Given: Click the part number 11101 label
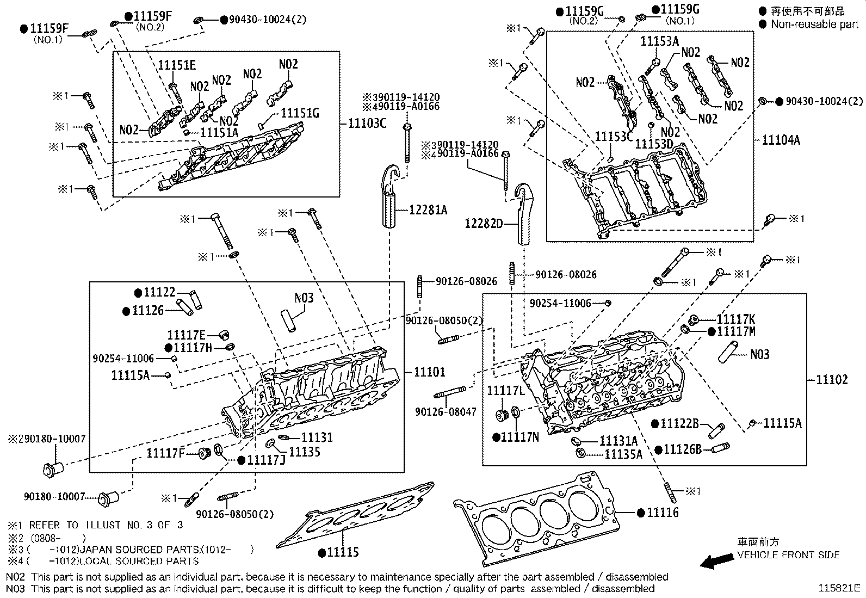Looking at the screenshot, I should (x=429, y=372).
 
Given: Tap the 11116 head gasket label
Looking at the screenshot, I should (x=663, y=513).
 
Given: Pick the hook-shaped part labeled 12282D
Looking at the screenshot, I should (x=524, y=215).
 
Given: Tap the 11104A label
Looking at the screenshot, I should (x=781, y=140).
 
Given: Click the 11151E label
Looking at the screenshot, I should (x=177, y=65).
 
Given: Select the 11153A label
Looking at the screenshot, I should (x=659, y=41).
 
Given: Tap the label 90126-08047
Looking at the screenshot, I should (x=446, y=412).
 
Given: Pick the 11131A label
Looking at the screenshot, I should (x=618, y=441).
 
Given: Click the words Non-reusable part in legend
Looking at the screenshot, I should (x=814, y=24).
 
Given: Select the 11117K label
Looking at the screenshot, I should (x=735, y=319).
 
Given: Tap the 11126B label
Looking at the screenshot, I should (x=682, y=449).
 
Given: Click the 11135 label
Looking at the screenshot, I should (x=304, y=452).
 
